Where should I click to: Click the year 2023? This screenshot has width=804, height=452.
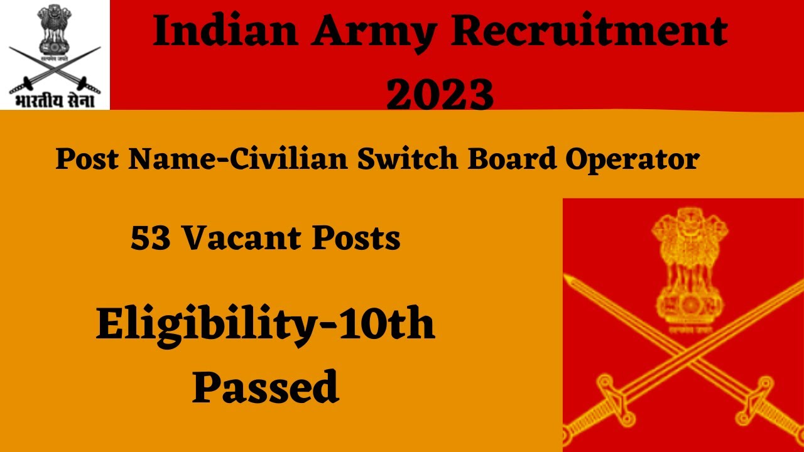[440, 94]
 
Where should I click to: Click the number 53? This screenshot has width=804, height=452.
[151, 239]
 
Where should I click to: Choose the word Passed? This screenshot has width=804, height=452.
[265, 387]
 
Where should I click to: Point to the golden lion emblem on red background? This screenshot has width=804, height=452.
[683, 270]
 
